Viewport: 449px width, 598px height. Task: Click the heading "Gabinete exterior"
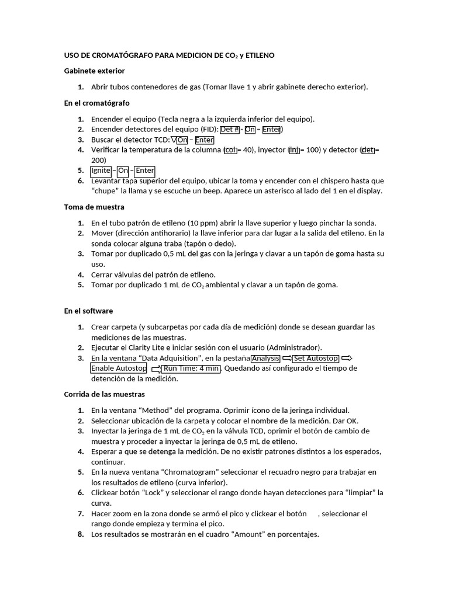click(94, 71)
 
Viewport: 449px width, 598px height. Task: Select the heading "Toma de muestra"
click(94, 207)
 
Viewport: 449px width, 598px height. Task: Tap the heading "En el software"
click(88, 311)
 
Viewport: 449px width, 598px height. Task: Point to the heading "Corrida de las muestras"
click(104, 394)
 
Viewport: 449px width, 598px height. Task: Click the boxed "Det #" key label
click(230, 130)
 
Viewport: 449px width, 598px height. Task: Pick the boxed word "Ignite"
click(101, 171)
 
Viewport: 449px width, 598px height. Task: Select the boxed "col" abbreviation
click(230, 150)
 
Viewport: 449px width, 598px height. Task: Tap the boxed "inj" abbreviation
click(294, 150)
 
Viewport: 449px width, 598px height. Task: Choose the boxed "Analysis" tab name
click(265, 358)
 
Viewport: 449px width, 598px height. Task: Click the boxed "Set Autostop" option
click(316, 358)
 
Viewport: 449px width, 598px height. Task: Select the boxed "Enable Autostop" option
click(119, 368)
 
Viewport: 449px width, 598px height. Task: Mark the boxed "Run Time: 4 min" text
click(191, 368)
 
